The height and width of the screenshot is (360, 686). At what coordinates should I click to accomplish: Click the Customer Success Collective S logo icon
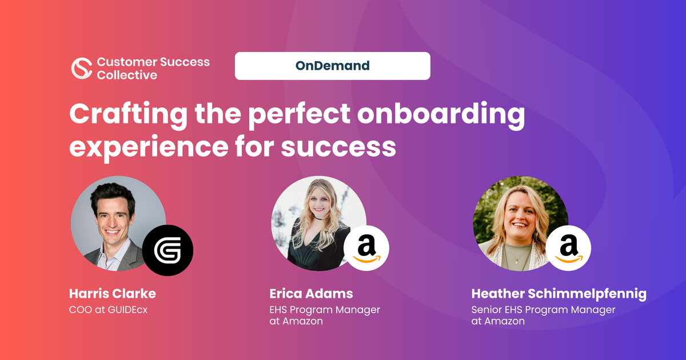pos(82,68)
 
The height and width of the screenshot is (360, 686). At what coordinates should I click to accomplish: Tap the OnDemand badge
pos(332,66)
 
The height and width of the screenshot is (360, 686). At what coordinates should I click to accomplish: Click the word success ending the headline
pos(338,147)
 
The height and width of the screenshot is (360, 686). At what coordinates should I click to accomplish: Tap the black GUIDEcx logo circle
pos(167,250)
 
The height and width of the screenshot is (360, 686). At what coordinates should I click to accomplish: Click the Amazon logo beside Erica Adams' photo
pos(366,248)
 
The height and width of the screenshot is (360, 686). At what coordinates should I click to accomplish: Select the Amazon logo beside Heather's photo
pos(568,248)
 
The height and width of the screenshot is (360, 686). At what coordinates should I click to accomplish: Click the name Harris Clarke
pos(113,294)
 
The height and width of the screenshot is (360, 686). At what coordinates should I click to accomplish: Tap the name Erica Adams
pos(311,294)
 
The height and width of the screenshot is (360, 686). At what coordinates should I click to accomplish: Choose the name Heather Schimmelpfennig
pos(559,294)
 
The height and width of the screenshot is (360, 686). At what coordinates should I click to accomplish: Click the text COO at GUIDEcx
pos(108,310)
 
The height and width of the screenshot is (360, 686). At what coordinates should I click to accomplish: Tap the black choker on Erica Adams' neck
pos(319,218)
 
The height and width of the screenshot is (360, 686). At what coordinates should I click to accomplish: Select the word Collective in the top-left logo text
pos(127,75)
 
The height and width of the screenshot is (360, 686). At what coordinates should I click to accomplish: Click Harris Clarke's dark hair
pos(112,195)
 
